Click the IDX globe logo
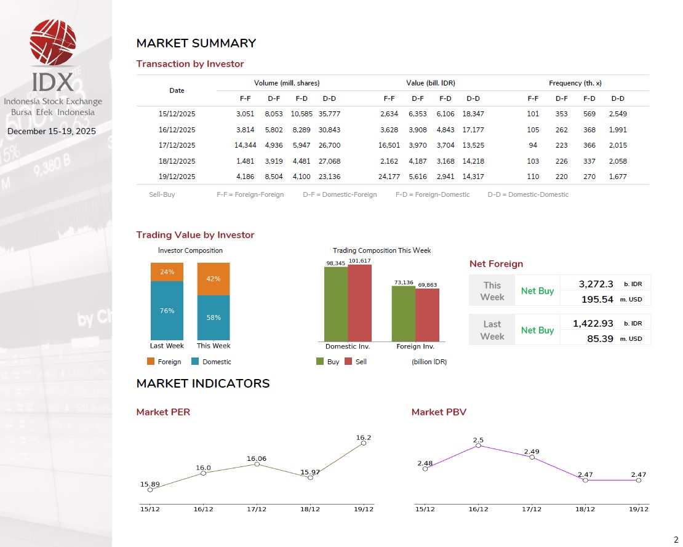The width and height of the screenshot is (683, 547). (53, 42)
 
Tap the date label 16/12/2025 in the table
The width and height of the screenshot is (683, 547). (177, 130)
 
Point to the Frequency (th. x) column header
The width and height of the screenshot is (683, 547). (575, 83)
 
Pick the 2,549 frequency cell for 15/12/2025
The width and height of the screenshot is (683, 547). (617, 114)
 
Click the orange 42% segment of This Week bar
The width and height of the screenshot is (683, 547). (214, 279)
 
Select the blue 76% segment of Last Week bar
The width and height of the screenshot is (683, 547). (167, 311)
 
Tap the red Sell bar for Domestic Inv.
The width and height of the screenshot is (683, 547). (359, 303)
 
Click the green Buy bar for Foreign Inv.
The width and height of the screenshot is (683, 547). (404, 313)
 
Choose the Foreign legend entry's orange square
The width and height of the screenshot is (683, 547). (151, 362)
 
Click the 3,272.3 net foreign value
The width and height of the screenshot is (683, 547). (596, 284)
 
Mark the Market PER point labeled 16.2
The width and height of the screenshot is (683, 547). (364, 443)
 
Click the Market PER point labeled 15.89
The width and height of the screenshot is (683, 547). (150, 490)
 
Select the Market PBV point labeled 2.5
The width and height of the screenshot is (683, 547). (478, 445)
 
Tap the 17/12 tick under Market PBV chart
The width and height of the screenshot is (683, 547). (532, 509)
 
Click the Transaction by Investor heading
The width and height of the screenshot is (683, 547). (190, 64)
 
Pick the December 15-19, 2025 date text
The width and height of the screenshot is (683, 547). (52, 131)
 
